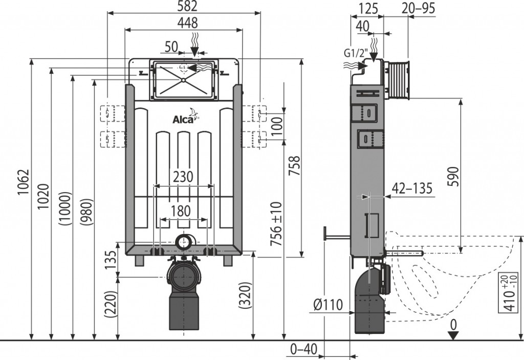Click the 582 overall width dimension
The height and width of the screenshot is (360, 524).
click(x=184, y=6)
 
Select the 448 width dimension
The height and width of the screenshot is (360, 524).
click(x=184, y=23)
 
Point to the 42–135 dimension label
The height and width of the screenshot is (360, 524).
click(x=412, y=188)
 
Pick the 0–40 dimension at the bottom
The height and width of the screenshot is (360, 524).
click(x=304, y=349)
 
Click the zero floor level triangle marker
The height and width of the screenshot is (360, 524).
click(x=453, y=334)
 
